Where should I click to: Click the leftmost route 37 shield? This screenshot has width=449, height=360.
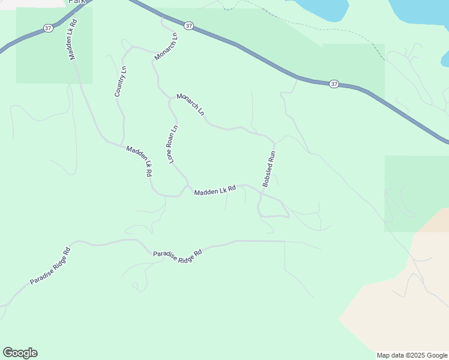click(x=49, y=28)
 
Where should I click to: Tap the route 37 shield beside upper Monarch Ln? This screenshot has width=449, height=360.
click(x=189, y=26)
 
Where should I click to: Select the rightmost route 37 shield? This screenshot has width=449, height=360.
click(x=334, y=84)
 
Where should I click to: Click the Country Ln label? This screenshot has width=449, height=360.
click(x=121, y=82)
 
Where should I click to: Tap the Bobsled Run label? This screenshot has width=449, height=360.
click(x=268, y=169)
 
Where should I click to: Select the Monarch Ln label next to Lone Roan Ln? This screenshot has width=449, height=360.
click(x=190, y=105)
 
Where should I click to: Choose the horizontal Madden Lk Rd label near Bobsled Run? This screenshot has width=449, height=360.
click(x=215, y=190)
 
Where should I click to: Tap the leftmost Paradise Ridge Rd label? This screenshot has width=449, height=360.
click(x=50, y=266)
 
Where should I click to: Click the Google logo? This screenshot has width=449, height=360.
click(x=20, y=353)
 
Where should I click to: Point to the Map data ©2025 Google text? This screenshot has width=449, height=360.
click(x=412, y=355)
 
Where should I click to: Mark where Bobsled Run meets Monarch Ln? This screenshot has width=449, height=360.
click(x=274, y=143)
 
